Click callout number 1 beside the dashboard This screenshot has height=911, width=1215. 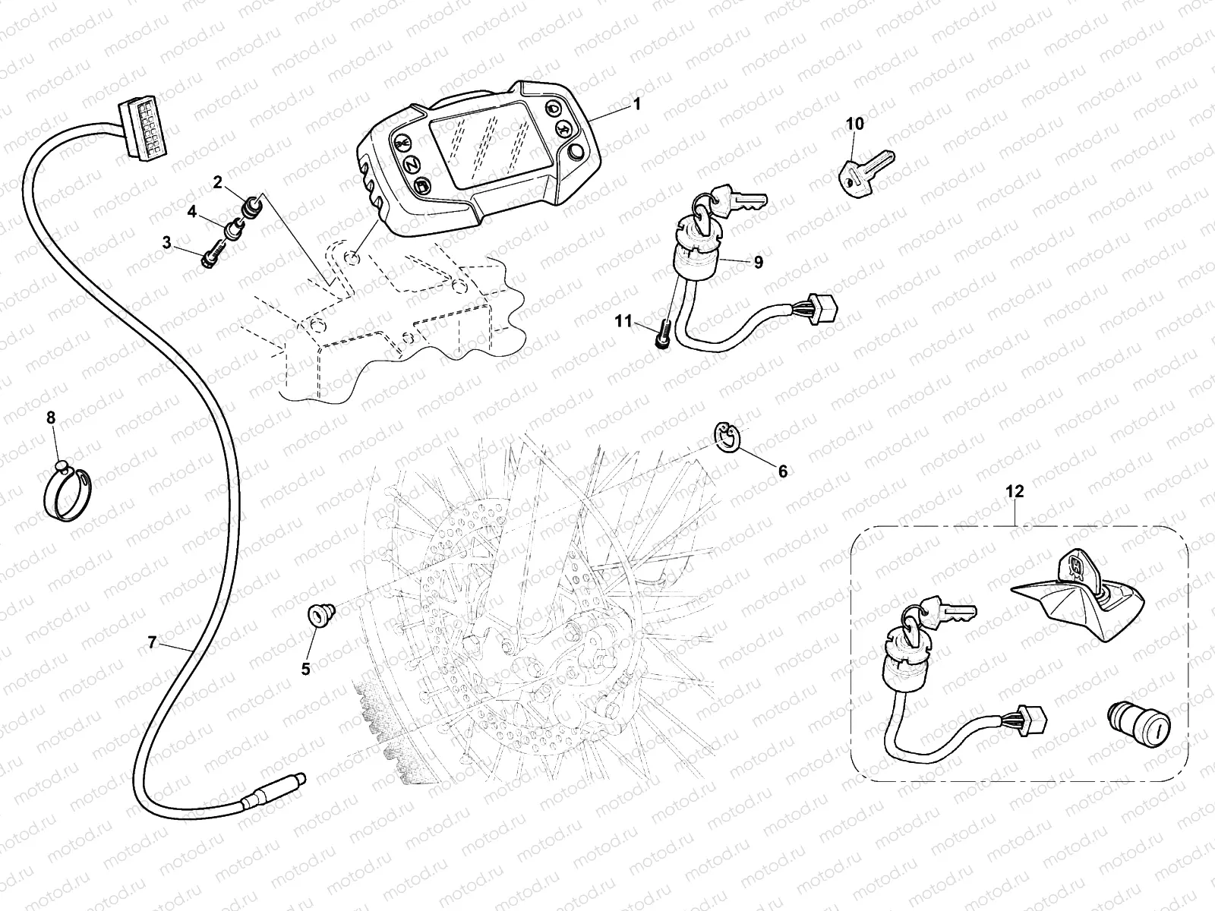click(637, 104)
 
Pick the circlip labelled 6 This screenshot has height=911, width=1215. click(727, 439)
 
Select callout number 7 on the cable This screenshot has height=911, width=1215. click(152, 643)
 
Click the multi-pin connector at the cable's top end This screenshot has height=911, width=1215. click(140, 125)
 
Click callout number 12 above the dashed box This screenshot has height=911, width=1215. click(1015, 491)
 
